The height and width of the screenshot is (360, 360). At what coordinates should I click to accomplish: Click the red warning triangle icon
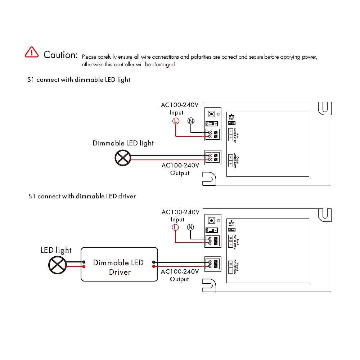point(32,52)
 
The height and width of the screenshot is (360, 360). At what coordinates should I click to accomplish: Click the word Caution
point(60,55)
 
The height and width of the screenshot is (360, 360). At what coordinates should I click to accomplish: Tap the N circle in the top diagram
point(191,121)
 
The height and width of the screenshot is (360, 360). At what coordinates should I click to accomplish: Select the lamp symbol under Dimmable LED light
point(122,158)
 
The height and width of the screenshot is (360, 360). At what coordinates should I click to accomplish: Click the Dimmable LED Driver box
point(119,264)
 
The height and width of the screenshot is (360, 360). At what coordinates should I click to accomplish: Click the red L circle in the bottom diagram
point(175,228)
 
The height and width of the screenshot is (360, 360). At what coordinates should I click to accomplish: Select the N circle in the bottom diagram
point(190,228)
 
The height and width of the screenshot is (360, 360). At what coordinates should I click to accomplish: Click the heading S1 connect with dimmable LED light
point(79,80)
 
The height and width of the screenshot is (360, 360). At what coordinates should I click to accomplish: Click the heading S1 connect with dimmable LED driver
point(82,197)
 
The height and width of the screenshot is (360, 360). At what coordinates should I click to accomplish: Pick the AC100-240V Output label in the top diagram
point(180,169)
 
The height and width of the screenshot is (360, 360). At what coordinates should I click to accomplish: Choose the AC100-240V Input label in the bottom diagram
point(180,216)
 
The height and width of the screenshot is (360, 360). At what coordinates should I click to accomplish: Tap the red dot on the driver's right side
point(154,267)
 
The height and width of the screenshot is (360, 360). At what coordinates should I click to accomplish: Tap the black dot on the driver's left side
point(84,262)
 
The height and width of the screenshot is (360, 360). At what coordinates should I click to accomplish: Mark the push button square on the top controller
point(212,114)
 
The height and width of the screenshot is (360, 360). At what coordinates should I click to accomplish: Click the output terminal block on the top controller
point(212,158)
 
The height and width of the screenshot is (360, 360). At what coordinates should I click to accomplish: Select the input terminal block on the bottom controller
point(212,241)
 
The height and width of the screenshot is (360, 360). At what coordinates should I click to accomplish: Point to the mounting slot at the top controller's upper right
point(325,108)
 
